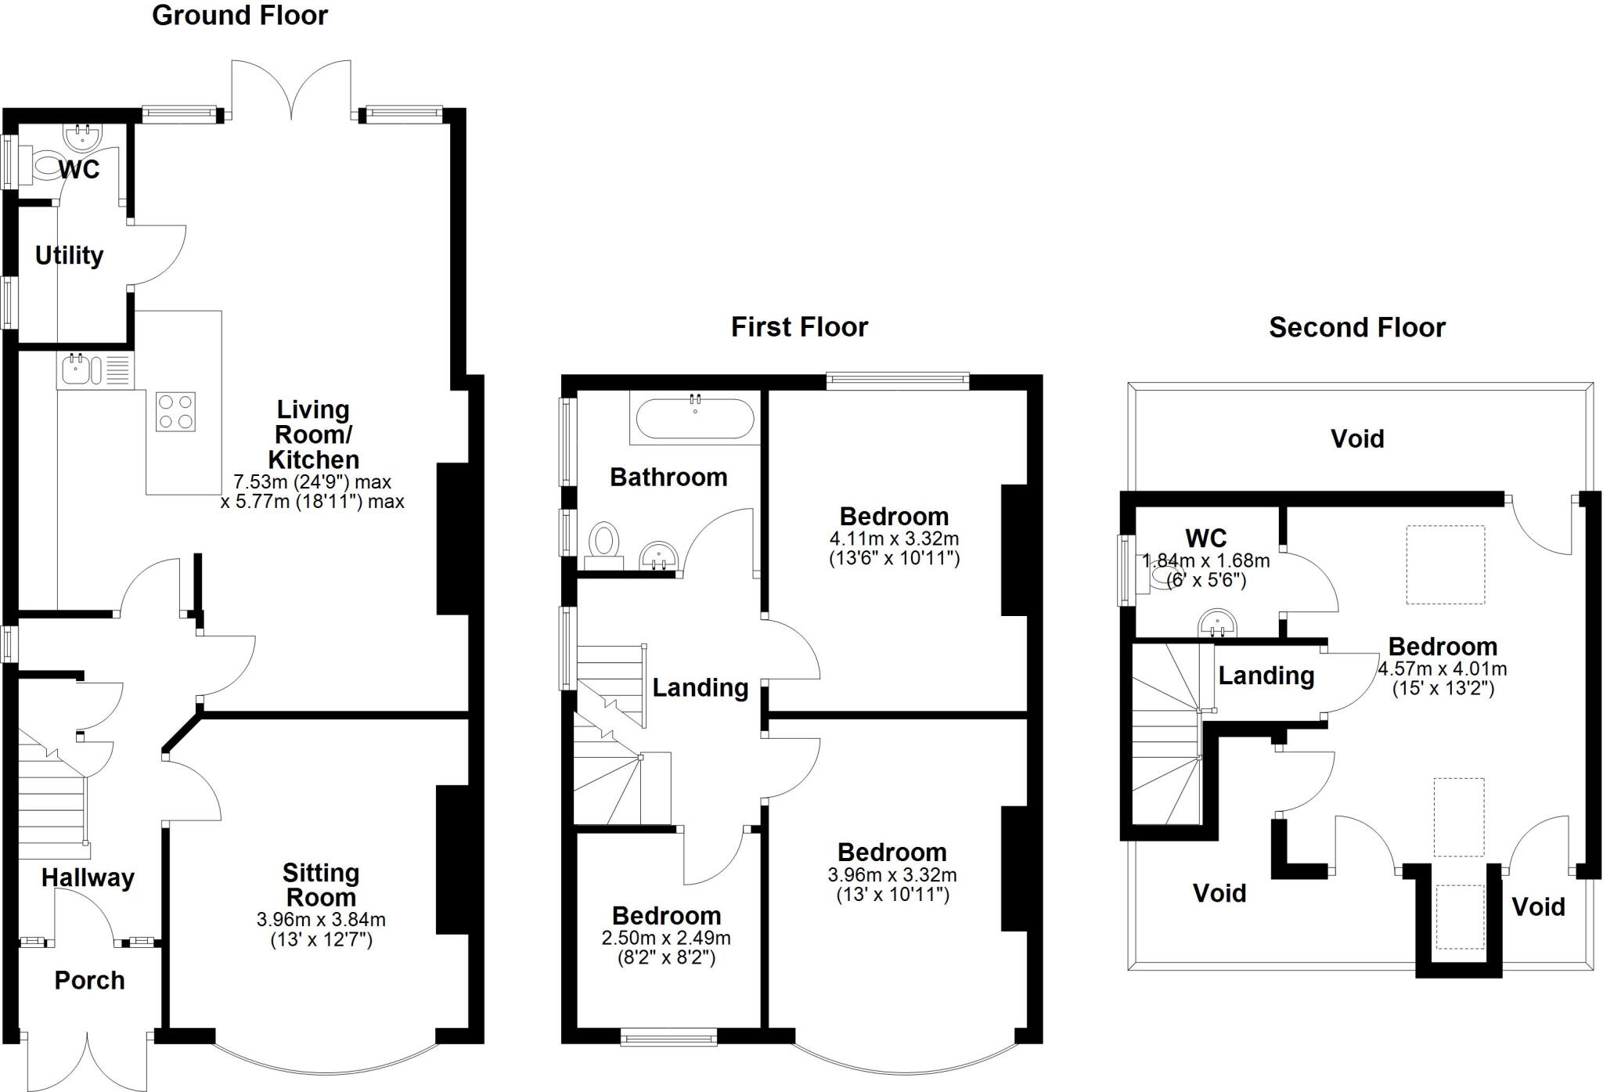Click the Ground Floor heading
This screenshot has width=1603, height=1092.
pos(240,16)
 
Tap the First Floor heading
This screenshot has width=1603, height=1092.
pos(799,327)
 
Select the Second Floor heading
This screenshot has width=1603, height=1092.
pos(1356,327)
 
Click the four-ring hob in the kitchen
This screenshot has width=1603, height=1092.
pos(175,412)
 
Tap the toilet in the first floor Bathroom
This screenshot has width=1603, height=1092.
pos(604,542)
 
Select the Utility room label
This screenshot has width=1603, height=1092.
pos(69,255)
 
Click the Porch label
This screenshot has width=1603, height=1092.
pos(89,980)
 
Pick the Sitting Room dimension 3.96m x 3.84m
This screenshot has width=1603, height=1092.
pos(321,921)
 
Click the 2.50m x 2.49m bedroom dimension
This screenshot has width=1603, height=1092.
pos(666,938)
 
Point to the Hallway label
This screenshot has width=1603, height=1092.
pos(88,878)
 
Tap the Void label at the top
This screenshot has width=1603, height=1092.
pos(1357,438)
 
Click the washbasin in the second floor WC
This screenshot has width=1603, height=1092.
pos(1219,624)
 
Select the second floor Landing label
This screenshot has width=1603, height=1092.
pos(1266,675)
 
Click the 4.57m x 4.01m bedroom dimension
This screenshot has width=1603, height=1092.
pos(1443,669)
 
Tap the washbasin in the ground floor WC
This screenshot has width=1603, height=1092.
pos(83,138)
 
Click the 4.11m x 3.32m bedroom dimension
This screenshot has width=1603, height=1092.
pos(894,539)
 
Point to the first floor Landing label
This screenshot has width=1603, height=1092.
pos(701,687)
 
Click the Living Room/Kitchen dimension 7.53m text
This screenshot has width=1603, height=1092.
pos(312,482)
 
